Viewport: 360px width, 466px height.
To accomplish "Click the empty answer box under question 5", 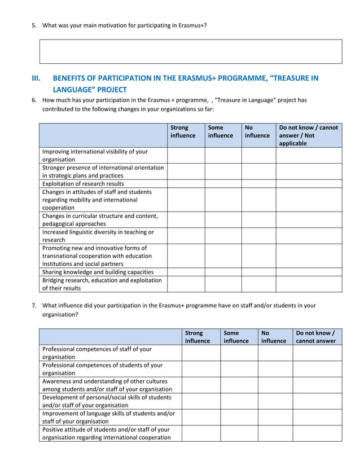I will tap(191, 51).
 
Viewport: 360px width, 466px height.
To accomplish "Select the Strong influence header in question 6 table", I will tap(183, 131).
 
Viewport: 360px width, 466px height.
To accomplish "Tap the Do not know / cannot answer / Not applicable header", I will tap(308, 135).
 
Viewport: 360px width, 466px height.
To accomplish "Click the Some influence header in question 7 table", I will tap(236, 337).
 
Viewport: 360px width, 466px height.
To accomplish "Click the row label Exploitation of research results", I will tap(83, 183).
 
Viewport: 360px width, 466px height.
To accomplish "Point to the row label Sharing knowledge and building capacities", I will tap(98, 271).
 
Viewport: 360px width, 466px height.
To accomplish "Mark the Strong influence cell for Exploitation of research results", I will tap(186, 183).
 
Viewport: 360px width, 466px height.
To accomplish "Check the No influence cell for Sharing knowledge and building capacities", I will tap(258, 271).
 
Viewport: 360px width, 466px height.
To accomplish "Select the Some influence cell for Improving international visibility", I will tap(223, 155).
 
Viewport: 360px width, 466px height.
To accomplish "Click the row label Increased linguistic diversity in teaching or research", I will tap(98, 236).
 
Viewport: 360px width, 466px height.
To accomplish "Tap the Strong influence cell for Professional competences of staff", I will tap(200, 353).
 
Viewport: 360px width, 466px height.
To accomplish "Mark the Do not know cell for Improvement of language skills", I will tap(317, 417).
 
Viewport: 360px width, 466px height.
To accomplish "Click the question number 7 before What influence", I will tap(34, 306).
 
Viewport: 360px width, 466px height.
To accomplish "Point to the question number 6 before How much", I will tap(34, 100).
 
